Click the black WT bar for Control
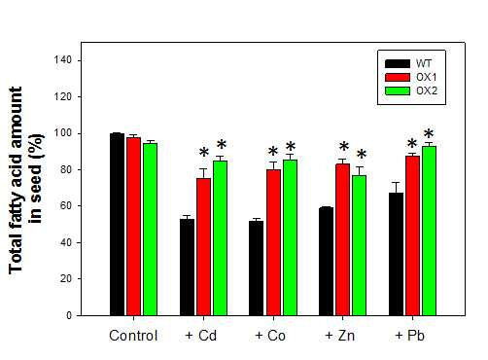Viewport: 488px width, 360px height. (117, 224)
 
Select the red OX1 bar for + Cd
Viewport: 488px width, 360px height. (203, 247)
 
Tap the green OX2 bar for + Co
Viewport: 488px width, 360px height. (291, 237)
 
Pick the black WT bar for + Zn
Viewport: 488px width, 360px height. (326, 262)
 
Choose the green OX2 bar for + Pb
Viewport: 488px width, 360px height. (429, 231)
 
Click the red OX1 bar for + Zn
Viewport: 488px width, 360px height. (343, 239)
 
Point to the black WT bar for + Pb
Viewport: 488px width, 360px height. (396, 254)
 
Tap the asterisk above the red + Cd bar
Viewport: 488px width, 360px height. (204, 152)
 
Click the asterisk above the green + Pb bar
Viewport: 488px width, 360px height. (429, 133)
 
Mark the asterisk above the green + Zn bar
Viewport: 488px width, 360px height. (362, 154)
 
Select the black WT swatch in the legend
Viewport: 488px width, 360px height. (398, 63)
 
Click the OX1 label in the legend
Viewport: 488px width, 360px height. (427, 77)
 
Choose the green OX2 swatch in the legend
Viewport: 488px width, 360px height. (398, 90)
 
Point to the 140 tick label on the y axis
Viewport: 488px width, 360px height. (62, 60)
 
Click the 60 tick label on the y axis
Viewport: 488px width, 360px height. (65, 205)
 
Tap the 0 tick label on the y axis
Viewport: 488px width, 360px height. (69, 315)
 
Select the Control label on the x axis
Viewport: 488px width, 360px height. (133, 336)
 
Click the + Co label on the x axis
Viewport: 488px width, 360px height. (270, 336)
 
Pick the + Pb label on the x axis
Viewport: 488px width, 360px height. (409, 336)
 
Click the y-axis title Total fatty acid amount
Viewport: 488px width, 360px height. (16, 180)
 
